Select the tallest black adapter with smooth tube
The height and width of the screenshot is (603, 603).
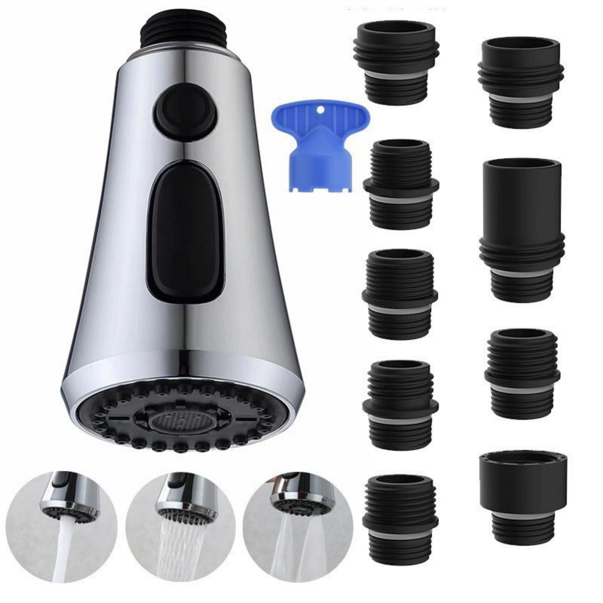[521, 229]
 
